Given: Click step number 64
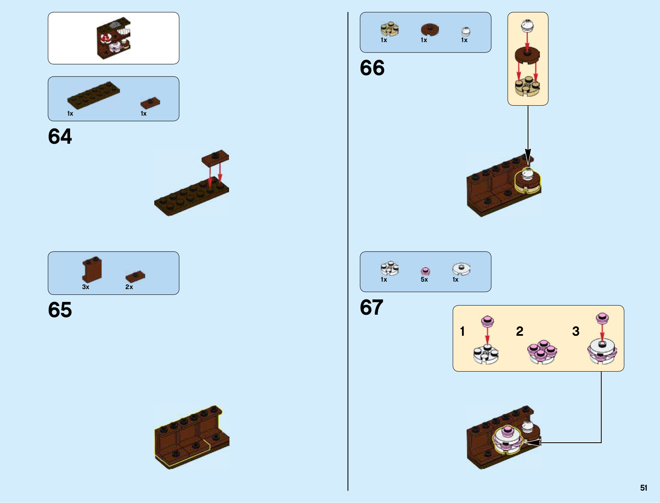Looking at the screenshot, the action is [x=60, y=136].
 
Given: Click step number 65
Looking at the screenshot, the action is [x=60, y=310].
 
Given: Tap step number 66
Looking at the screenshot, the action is [x=372, y=68].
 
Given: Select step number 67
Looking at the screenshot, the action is [x=372, y=307].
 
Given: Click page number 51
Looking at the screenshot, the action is [x=643, y=488].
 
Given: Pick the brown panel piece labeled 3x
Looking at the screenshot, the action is [x=92, y=269].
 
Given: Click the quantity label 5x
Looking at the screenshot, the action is [x=424, y=280].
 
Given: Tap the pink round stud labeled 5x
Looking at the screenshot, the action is [x=425, y=271].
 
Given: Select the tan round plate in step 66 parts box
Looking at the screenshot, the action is [x=389, y=29].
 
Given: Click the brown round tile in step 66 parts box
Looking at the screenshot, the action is [x=430, y=29].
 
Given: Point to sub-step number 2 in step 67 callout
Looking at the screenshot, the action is [x=520, y=331].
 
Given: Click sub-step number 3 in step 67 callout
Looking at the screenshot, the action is [x=576, y=331].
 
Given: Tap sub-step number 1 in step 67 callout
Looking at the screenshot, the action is [x=462, y=331].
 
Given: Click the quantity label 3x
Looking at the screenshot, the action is [x=86, y=287].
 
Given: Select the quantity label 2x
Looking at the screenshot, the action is [x=129, y=287].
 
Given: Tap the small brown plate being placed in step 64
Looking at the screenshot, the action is [x=215, y=157].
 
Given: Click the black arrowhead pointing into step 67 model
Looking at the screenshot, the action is [x=533, y=443].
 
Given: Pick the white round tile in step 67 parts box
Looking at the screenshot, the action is [x=461, y=269].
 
